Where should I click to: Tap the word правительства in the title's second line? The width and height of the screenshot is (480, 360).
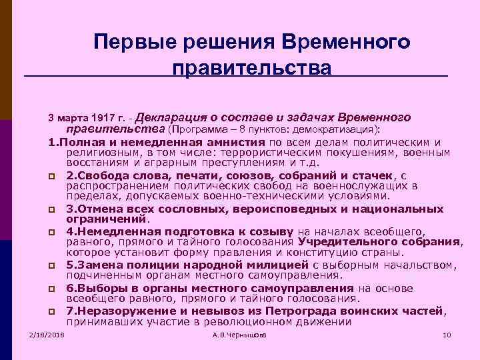(251, 69)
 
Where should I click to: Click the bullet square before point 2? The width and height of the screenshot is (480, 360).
(52, 176)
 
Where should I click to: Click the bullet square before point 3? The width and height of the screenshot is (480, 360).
(52, 210)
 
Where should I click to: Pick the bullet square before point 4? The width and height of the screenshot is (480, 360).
(52, 232)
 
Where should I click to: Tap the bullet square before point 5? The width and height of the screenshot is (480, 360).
(52, 266)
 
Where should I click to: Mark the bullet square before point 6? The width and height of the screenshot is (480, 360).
(52, 289)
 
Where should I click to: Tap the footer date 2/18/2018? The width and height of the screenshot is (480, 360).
(47, 334)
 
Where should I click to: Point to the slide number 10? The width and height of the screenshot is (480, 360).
(447, 334)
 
